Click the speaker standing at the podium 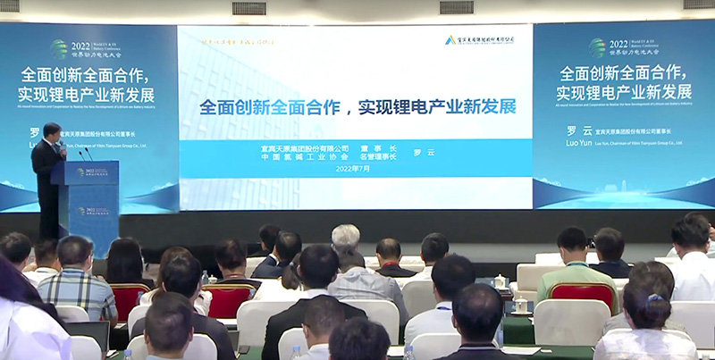46,170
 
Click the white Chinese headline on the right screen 623,82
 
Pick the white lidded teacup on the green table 519,305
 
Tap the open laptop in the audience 89,334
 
